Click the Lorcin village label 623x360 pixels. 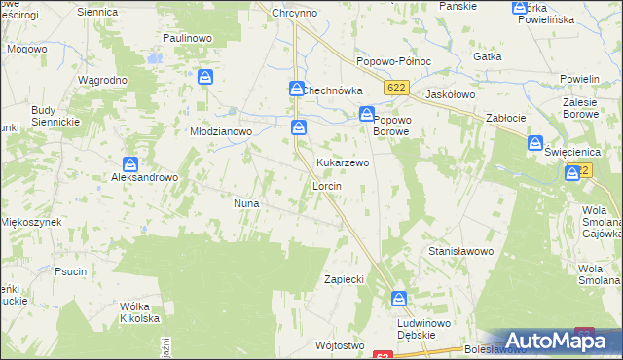tap(325, 185)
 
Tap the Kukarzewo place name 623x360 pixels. tap(342, 162)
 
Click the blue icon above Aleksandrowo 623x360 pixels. tap(130, 164)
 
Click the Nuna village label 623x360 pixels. tap(244, 203)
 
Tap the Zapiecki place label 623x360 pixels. tap(344, 279)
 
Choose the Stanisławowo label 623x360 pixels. tap(461, 251)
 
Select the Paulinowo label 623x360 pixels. tap(189, 37)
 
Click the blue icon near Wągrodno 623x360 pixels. tap(204, 77)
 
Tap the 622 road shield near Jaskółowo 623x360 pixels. tap(394, 89)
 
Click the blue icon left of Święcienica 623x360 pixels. tap(535, 143)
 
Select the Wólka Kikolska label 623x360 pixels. tap(138, 311)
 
